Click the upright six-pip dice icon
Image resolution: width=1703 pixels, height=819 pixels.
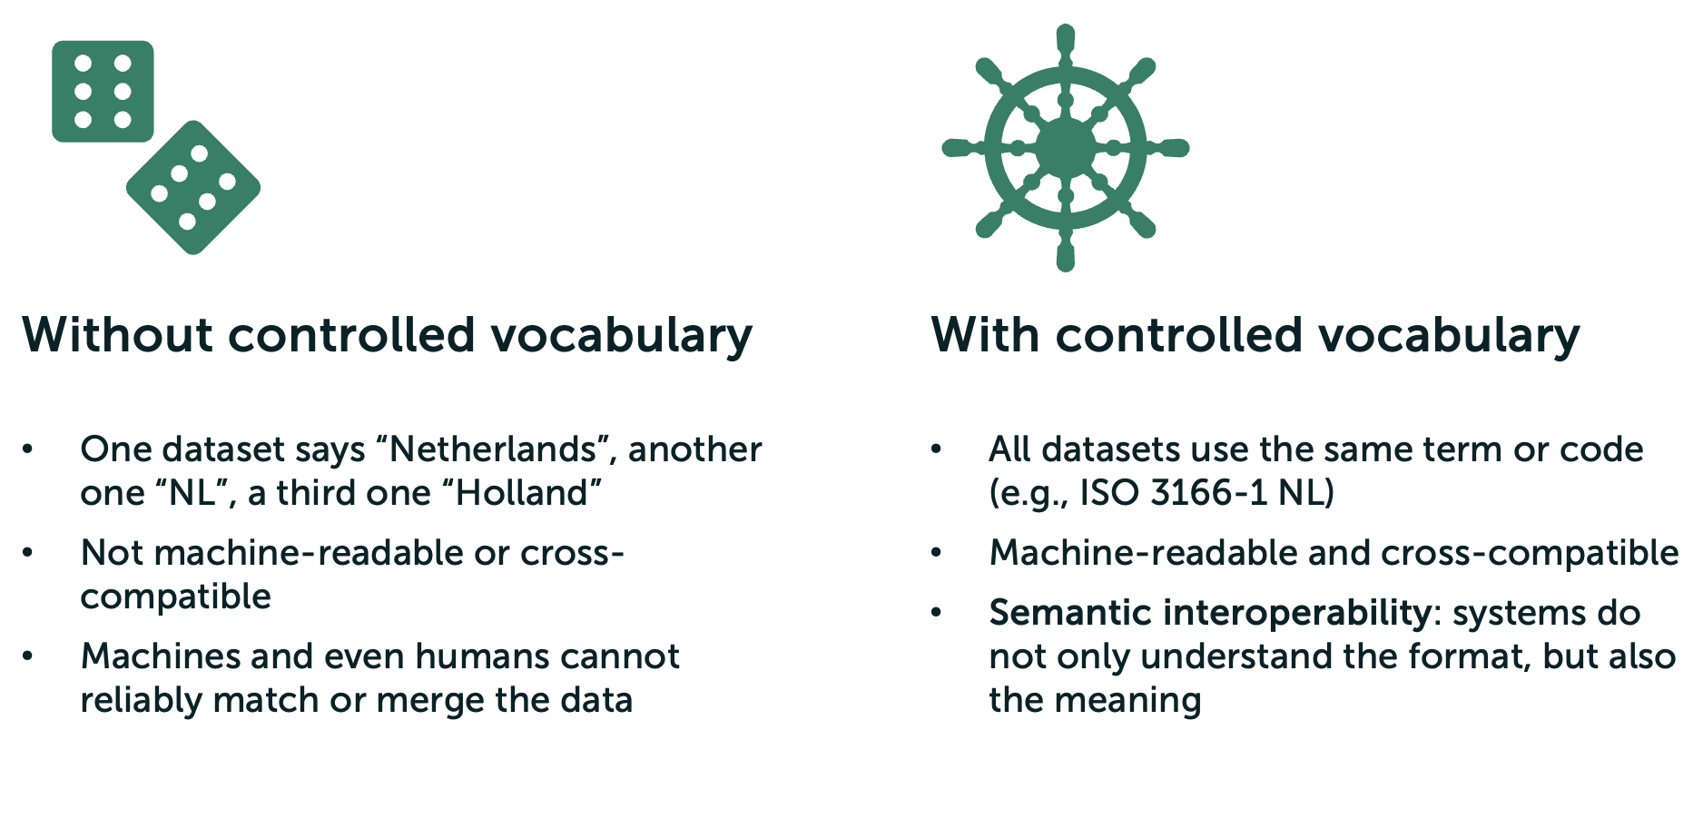103,91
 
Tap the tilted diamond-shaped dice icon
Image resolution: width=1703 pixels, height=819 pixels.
193,188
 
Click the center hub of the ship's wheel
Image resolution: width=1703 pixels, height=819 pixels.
1066,148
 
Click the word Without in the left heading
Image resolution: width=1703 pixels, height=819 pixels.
117,335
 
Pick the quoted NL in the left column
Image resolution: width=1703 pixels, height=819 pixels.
196,493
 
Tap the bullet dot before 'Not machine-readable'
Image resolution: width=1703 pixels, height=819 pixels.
29,552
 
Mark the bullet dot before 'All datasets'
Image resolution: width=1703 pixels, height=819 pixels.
937,449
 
